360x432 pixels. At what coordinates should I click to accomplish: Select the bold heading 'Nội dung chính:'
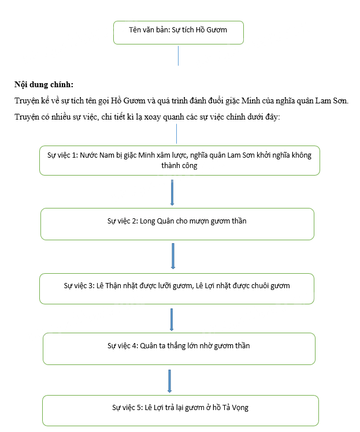tap(44, 84)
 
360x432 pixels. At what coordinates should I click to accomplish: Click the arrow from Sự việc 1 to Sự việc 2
tap(172, 192)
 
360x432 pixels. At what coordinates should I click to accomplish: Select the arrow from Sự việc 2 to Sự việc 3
tap(173, 256)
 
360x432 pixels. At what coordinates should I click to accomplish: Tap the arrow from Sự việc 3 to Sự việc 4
tap(172, 319)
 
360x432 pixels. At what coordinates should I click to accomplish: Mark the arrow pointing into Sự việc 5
tap(169, 381)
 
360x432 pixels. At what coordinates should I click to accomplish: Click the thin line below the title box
tap(178, 55)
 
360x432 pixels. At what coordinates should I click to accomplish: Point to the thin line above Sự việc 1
tap(176, 133)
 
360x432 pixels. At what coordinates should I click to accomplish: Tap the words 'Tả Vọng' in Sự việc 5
tap(235, 408)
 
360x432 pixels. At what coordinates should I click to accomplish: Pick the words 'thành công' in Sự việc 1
tap(179, 166)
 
